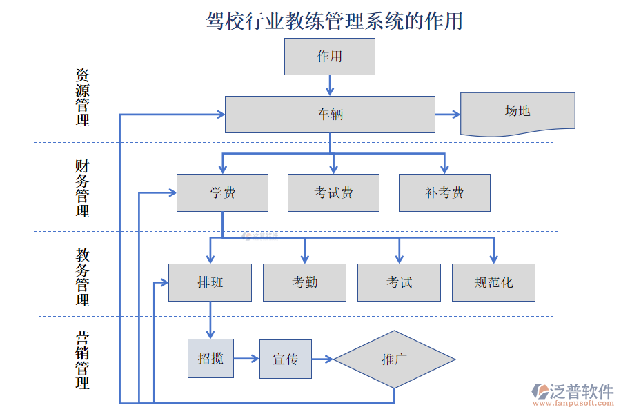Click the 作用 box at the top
[x=330, y=57]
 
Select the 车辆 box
[x=330, y=115]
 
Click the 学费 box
[x=222, y=193]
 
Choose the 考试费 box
[x=333, y=193]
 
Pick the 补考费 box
[x=444, y=193]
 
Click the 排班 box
[x=210, y=282]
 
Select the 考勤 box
[x=304, y=282]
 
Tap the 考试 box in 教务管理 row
[x=399, y=282]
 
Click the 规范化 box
[x=493, y=282]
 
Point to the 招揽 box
[x=210, y=359]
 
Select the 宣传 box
[x=285, y=359]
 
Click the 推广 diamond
[x=394, y=359]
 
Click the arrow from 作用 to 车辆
[x=330, y=85]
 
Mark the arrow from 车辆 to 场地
[x=448, y=115]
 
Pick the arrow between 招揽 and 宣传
[x=246, y=359]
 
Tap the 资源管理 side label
[x=82, y=97]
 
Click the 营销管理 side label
[x=82, y=359]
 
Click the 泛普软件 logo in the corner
[x=572, y=394]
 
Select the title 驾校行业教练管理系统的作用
[x=334, y=21]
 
